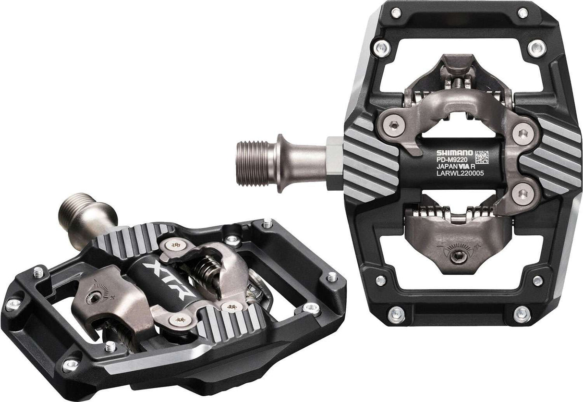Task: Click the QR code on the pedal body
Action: tap(482, 157)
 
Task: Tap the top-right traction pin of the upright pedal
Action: tap(523, 13)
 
